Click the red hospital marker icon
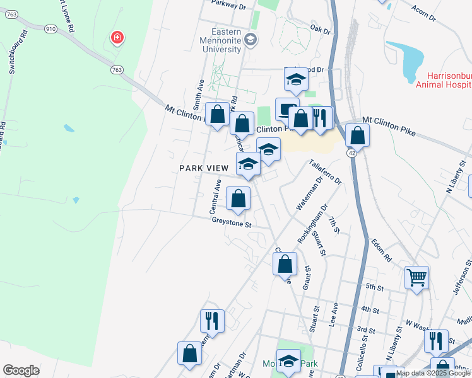[x=117, y=38]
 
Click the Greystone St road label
[x=232, y=223]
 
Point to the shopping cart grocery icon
[x=417, y=277]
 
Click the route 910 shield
[x=51, y=28]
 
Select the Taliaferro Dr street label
[x=326, y=171]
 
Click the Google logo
[x=21, y=370]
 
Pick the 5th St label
[x=374, y=287]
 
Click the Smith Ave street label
[x=199, y=93]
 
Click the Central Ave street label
[x=215, y=195]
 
